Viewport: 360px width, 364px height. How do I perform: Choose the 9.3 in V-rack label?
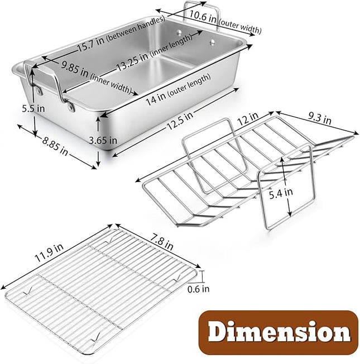click(320, 119)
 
